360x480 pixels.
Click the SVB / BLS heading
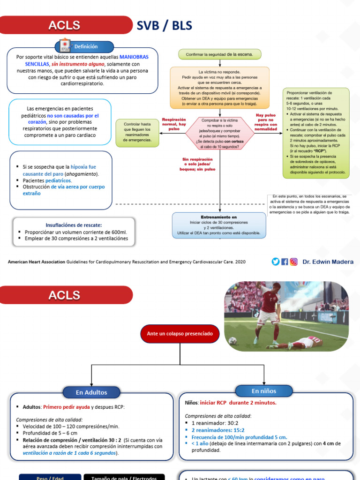(x=164, y=25)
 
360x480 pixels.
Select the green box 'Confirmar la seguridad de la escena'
(x=219, y=54)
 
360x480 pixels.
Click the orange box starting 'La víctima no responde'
(x=219, y=88)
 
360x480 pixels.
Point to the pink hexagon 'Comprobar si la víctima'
(x=219, y=133)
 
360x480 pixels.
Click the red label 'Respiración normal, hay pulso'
(x=174, y=124)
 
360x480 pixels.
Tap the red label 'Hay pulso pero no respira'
(x=266, y=122)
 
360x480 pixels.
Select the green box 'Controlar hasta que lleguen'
(x=137, y=133)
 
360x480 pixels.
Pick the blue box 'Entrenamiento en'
(x=219, y=225)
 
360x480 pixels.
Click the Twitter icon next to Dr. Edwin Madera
(x=275, y=262)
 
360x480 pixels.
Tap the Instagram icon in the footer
(x=293, y=262)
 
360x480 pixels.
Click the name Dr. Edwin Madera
(x=328, y=262)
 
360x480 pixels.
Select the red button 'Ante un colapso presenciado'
(x=180, y=334)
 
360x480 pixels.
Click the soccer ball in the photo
(x=233, y=341)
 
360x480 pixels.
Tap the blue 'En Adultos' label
(x=91, y=392)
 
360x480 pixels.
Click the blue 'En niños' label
(x=264, y=391)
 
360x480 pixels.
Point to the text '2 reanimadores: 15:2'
(x=217, y=430)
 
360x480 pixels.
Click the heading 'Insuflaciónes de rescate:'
(x=74, y=225)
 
